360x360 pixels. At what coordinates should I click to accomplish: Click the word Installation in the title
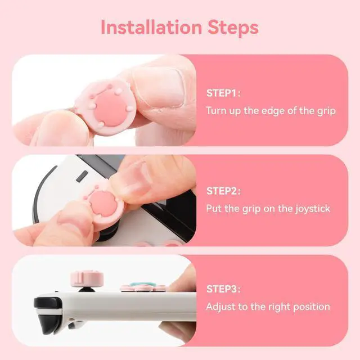151,28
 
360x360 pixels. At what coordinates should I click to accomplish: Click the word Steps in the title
233,28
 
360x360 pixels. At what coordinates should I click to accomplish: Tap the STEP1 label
222,93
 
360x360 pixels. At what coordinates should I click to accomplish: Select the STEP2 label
222,191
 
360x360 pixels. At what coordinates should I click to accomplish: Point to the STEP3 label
222,289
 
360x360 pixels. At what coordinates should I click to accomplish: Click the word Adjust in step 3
220,307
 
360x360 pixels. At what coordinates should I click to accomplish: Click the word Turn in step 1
216,111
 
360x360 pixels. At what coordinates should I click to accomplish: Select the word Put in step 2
214,209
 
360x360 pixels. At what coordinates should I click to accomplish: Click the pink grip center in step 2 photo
103,204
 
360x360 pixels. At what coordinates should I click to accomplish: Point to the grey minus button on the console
82,177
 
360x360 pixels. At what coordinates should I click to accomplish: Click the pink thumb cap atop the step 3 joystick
87,279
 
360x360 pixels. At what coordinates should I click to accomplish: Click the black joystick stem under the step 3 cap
87,289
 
